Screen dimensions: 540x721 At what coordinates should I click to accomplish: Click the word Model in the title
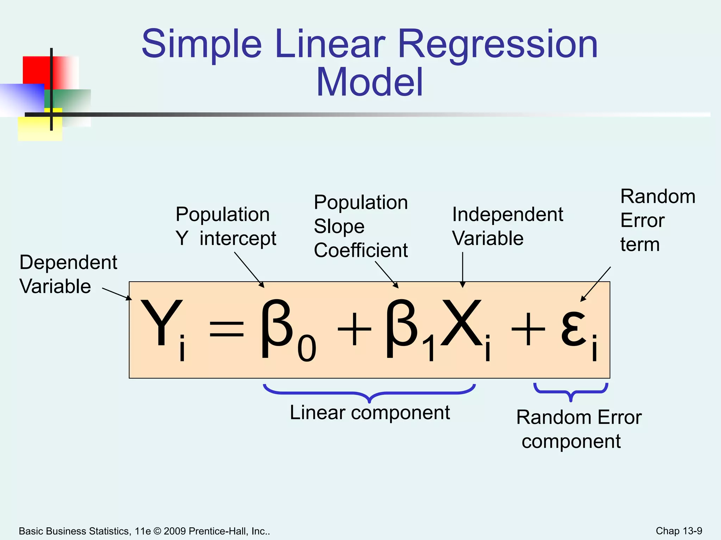tap(369, 83)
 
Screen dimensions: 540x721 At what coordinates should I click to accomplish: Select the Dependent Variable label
tap(68, 274)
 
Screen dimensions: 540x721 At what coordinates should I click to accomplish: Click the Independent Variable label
tap(507, 226)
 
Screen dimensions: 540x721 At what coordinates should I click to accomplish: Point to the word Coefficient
tap(361, 250)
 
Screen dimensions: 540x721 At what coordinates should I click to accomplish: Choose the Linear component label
tap(370, 413)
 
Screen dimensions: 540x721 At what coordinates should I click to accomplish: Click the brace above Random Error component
tap(571, 392)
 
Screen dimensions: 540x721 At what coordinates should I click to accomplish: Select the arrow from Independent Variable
tap(463, 269)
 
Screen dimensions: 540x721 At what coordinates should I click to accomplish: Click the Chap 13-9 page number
tap(679, 531)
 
